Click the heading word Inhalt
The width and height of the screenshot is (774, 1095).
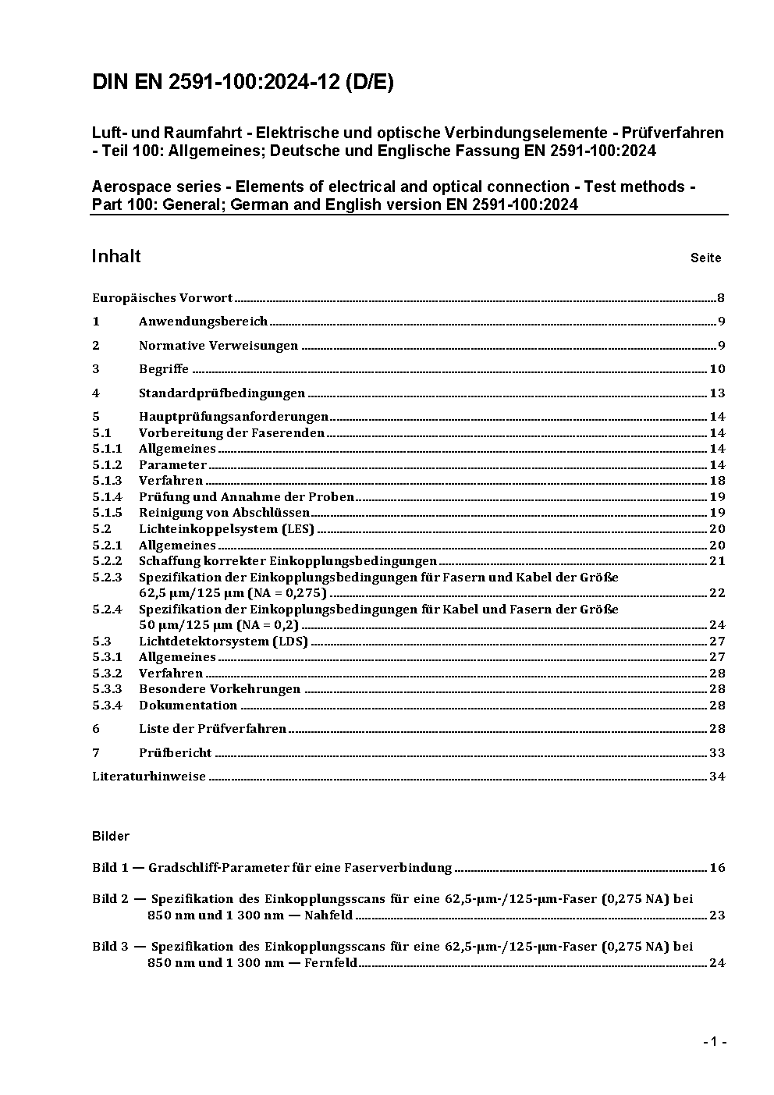(116, 257)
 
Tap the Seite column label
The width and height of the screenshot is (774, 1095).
(705, 258)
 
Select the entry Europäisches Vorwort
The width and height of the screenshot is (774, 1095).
(162, 297)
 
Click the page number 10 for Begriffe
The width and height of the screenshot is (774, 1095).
(717, 369)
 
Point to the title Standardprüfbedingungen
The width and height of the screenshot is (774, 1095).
(222, 393)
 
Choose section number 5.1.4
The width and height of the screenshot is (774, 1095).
(107, 497)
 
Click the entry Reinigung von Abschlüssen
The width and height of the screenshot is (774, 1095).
(224, 513)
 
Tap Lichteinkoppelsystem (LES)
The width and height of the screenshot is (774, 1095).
(226, 529)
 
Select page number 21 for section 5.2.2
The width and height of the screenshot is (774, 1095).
(717, 561)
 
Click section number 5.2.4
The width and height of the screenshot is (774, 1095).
(107, 609)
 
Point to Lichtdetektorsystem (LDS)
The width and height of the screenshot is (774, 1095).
(223, 642)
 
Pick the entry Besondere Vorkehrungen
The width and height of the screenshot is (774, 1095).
(219, 689)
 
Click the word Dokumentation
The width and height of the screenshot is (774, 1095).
(188, 706)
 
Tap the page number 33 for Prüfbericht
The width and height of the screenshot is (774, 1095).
(717, 753)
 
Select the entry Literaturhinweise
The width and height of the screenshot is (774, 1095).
(149, 777)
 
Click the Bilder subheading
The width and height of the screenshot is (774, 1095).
(111, 836)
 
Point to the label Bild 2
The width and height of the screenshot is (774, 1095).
(110, 899)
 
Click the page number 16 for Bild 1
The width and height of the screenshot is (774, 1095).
(717, 868)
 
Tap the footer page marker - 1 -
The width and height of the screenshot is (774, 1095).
(715, 1042)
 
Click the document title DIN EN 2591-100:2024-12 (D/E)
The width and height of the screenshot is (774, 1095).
(243, 83)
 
